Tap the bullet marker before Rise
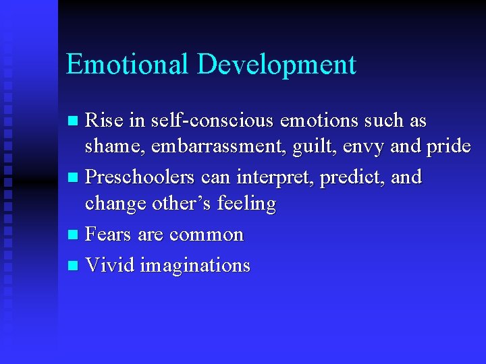74,121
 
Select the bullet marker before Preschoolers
74,179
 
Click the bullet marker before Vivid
74,266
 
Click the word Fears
109,235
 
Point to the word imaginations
195,266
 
